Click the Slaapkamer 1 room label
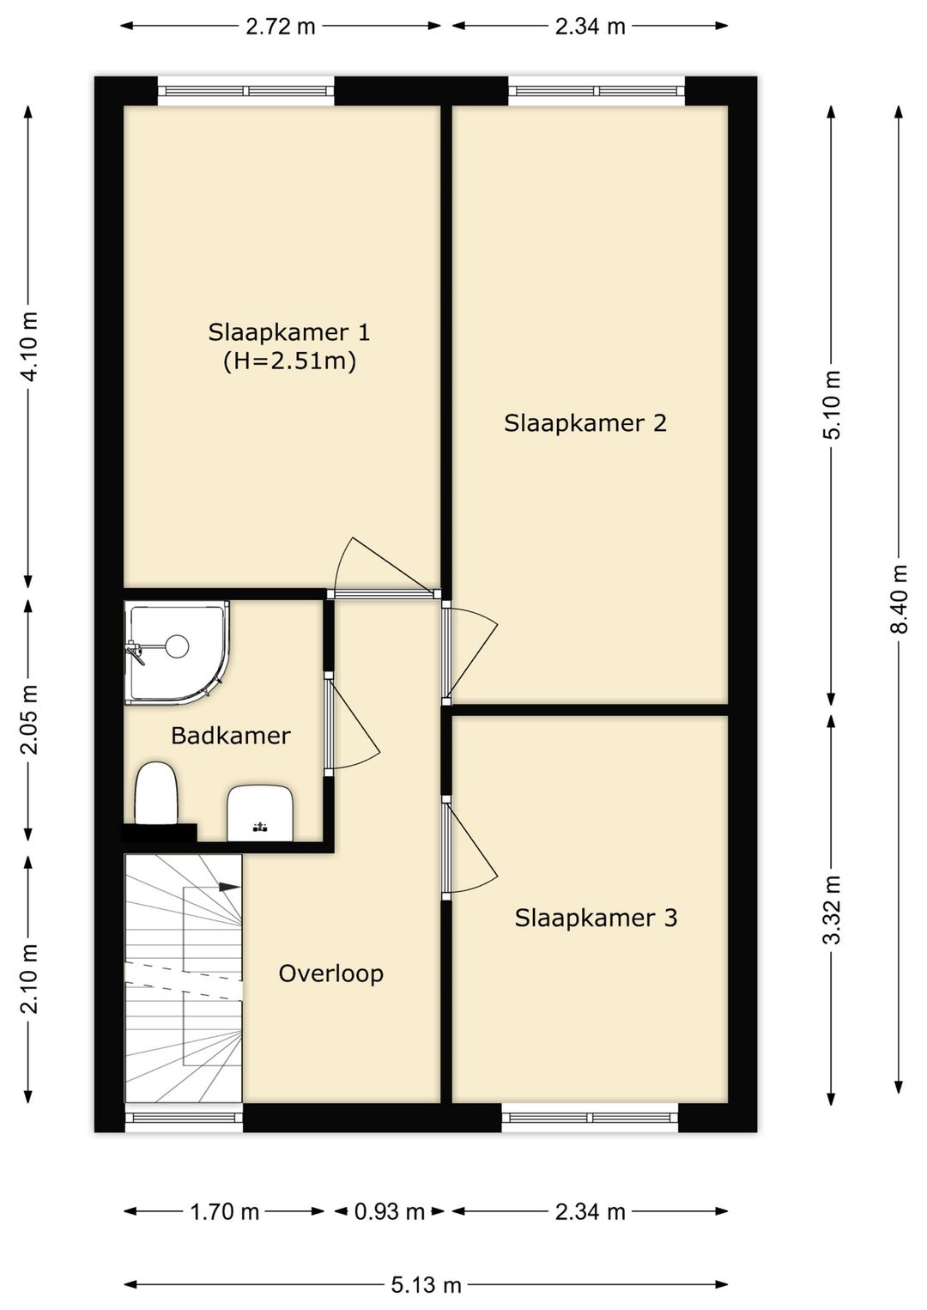click(289, 333)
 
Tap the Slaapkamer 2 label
click(585, 423)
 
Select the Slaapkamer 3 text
click(596, 918)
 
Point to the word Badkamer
click(230, 736)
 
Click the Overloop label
click(331, 973)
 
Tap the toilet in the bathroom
click(156, 792)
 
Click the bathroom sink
click(260, 813)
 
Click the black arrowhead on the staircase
click(229, 887)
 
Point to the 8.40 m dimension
click(900, 598)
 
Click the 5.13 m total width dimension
click(426, 1285)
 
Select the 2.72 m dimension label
click(280, 27)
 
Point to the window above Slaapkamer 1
click(245, 91)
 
